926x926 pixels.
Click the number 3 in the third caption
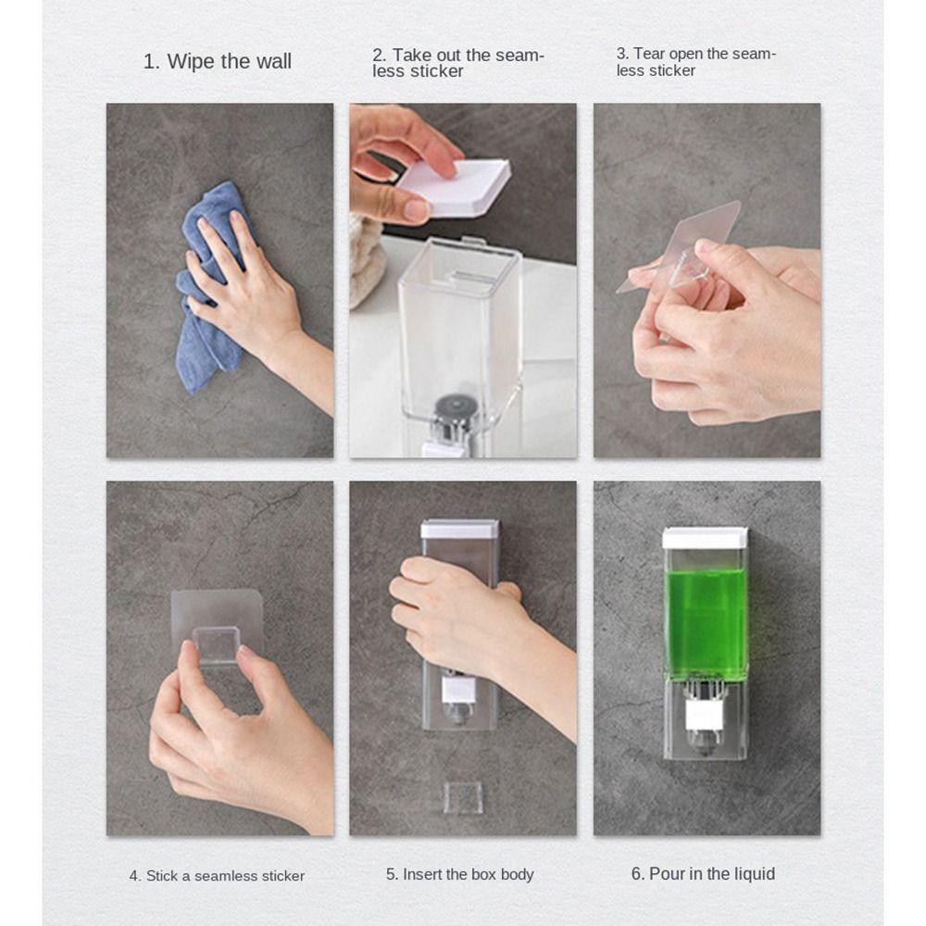point(621,54)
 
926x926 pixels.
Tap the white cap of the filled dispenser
point(706,538)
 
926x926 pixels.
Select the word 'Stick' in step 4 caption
point(165,875)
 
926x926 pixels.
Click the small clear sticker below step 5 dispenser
point(462,797)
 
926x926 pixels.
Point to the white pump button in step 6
point(705,716)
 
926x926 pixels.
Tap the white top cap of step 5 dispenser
point(460,529)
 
